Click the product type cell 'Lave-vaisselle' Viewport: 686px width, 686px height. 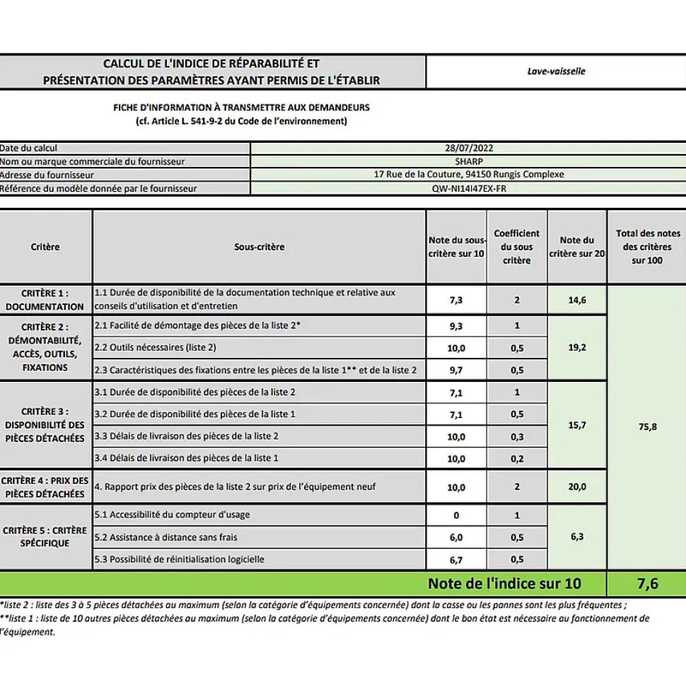(556, 71)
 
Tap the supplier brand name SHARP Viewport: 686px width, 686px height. (468, 161)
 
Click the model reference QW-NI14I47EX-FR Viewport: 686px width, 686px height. (468, 189)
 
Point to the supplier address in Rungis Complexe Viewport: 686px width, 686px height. (468, 175)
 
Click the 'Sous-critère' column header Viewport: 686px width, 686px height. (260, 247)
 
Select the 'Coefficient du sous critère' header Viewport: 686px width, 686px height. (516, 247)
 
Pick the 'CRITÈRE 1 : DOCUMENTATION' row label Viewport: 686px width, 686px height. (46, 300)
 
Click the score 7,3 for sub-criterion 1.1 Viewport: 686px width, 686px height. (457, 300)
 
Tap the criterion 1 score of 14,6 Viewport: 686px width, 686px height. (577, 300)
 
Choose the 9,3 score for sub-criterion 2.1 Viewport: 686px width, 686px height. (457, 325)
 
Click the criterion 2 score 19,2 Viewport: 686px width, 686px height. (577, 347)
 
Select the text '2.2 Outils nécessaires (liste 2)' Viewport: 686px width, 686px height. (156, 347)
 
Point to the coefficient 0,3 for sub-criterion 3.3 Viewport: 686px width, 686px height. (517, 436)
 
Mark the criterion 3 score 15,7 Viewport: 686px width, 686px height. (577, 425)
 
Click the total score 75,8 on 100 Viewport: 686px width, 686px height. (647, 426)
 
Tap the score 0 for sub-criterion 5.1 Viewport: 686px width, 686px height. (457, 515)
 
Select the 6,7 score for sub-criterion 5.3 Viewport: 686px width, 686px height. (457, 559)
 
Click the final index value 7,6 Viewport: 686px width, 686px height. (646, 583)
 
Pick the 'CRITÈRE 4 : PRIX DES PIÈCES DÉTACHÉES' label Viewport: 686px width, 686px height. (46, 487)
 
